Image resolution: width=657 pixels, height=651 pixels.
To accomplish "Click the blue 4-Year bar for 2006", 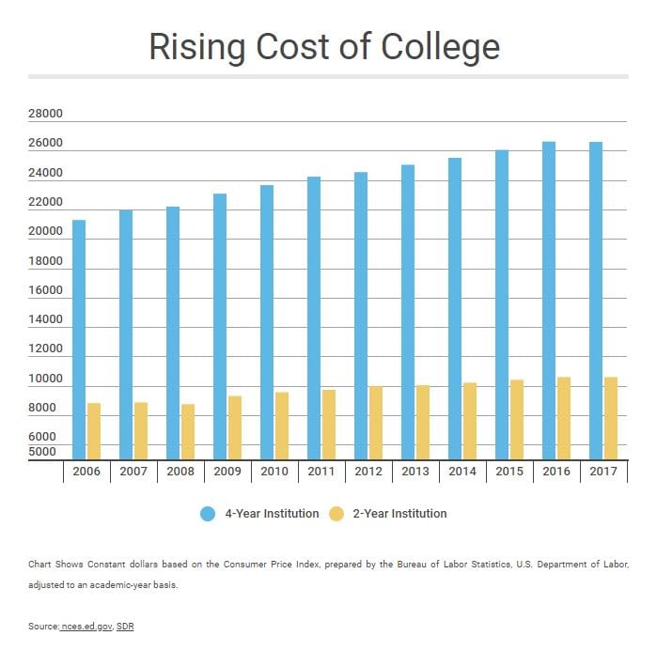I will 79,339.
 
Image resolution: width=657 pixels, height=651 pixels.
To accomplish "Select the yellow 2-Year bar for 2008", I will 188,431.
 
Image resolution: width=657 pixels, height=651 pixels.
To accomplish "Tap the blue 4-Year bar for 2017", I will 596,301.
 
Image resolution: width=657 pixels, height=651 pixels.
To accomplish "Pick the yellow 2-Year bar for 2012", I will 376,423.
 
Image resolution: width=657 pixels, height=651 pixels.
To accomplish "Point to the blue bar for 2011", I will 314,318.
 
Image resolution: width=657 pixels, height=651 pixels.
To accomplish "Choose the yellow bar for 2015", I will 517,419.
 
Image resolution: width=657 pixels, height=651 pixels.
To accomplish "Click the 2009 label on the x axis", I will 227,472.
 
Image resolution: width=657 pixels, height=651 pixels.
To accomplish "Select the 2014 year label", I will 462,472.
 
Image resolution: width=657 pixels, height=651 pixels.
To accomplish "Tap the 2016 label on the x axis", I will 556,472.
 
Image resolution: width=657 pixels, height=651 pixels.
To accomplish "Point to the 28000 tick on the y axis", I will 45,115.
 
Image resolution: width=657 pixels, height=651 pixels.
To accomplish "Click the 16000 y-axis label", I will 45,290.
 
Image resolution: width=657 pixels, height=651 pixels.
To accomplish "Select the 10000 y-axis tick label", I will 45,379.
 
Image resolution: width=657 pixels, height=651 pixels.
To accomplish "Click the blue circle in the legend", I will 208,514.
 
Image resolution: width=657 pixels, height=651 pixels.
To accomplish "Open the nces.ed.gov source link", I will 86,627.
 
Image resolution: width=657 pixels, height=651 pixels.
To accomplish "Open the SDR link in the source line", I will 125,627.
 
